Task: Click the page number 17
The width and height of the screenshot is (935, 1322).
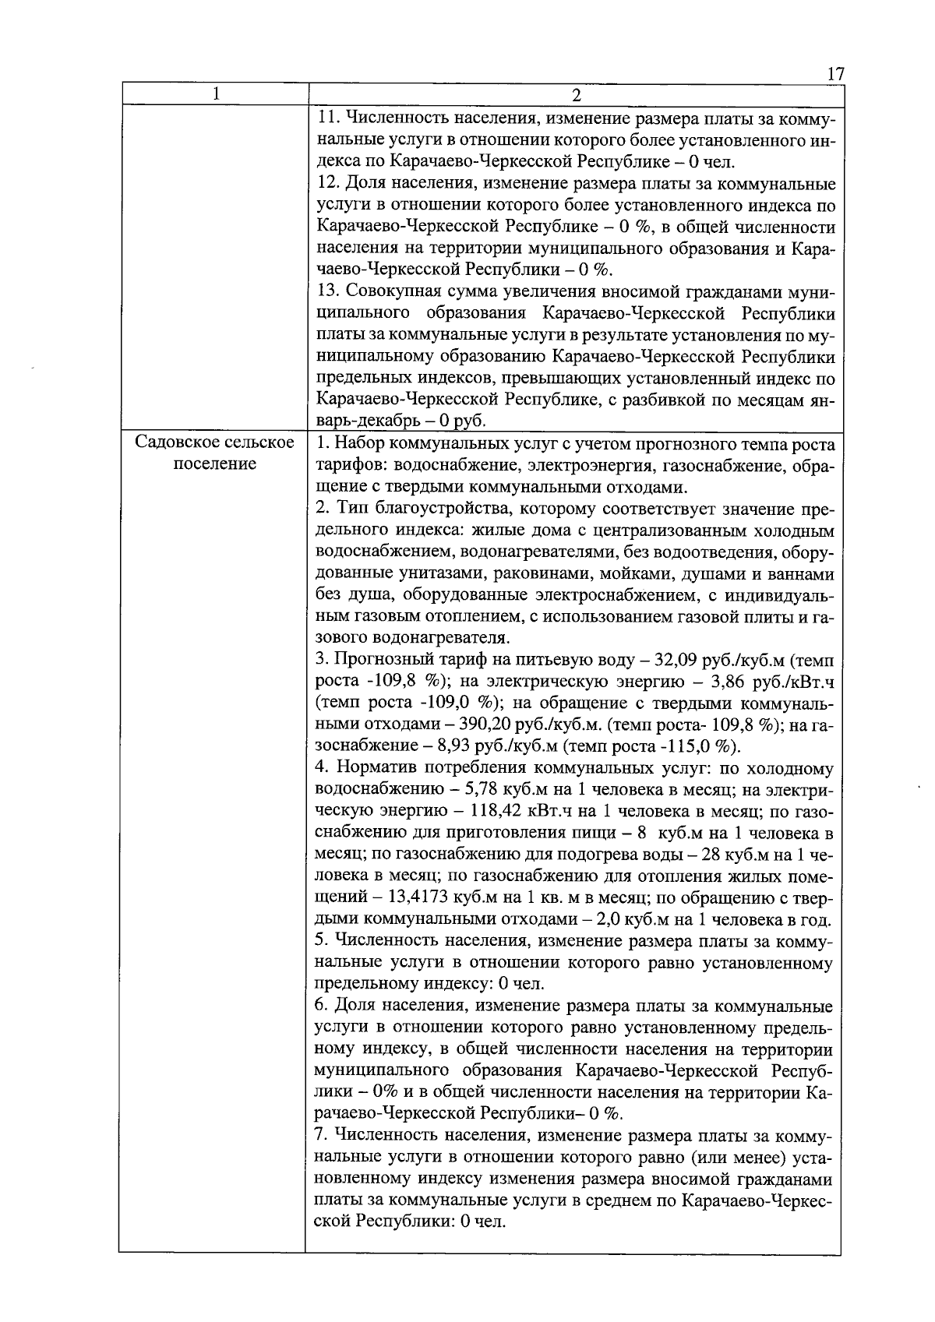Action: pyautogui.click(x=834, y=74)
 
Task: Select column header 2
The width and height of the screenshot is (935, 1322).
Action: pyautogui.click(x=576, y=95)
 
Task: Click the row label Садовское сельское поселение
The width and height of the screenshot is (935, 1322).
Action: pyautogui.click(x=215, y=453)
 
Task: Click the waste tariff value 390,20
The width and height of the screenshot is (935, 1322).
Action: pyautogui.click(x=485, y=725)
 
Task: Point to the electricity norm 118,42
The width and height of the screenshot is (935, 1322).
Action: pyautogui.click(x=496, y=811)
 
